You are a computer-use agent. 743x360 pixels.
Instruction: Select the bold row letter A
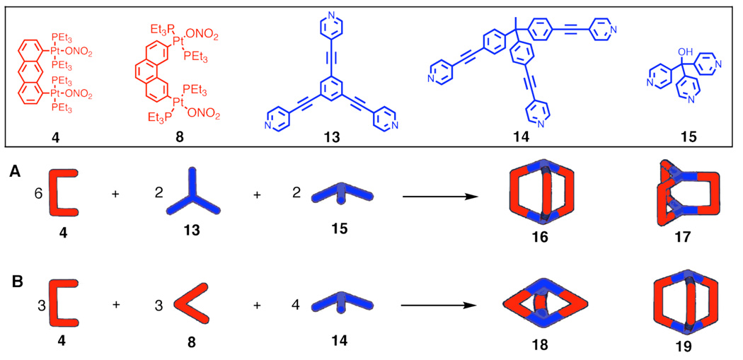coord(15,170)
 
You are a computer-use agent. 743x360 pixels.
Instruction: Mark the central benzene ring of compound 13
coord(331,89)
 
